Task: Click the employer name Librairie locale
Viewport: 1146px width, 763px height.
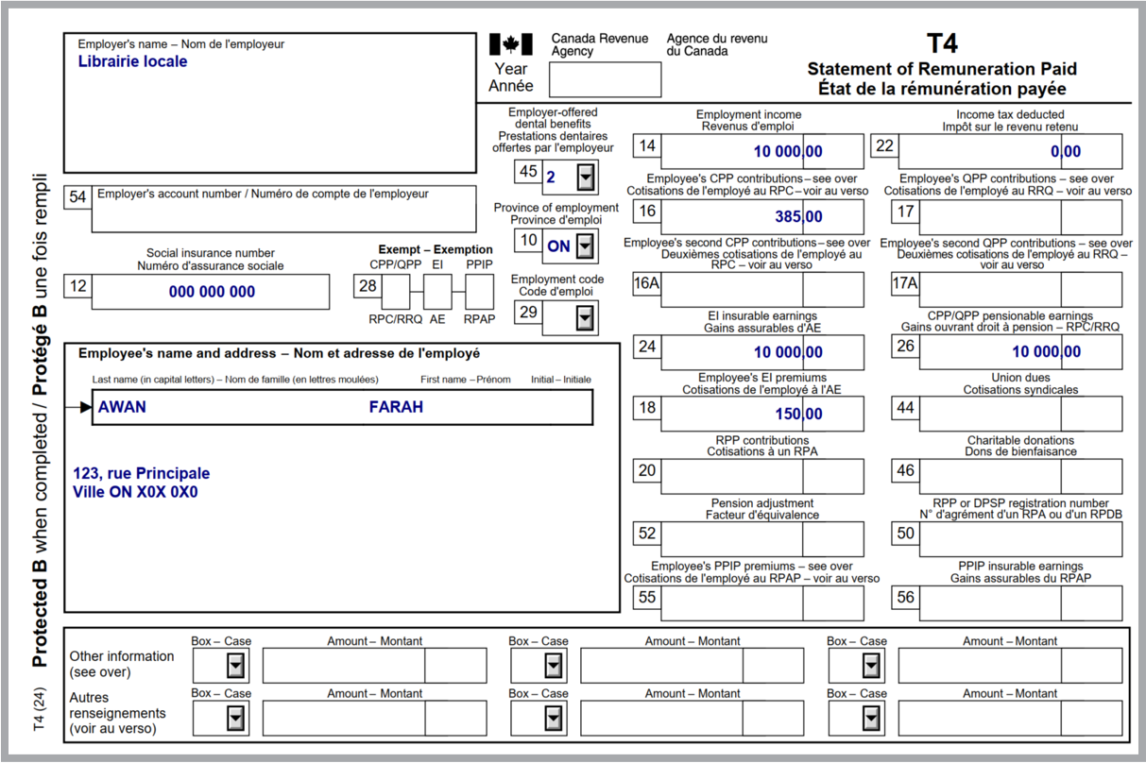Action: click(132, 61)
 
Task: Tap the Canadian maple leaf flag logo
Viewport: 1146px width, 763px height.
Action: click(511, 43)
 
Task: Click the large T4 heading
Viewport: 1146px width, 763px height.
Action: click(942, 43)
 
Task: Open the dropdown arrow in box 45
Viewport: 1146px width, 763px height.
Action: click(587, 175)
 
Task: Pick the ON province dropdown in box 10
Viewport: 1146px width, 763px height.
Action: click(587, 246)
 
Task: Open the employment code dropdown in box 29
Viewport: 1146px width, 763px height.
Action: click(587, 318)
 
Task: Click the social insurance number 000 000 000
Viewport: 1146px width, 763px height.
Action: click(212, 292)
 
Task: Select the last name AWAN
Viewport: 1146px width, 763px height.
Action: click(122, 407)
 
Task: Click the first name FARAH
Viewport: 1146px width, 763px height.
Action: click(396, 407)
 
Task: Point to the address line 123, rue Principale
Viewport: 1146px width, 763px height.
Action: click(141, 473)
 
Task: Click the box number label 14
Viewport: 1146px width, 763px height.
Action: click(646, 145)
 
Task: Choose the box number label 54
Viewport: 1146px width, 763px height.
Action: click(77, 196)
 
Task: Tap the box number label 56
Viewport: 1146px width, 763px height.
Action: click(905, 597)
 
